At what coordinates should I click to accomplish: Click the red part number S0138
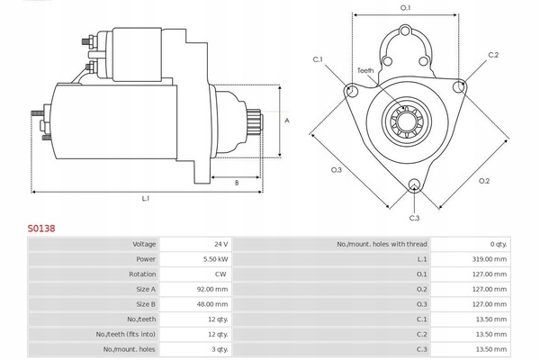(x=41, y=229)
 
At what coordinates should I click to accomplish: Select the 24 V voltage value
(x=220, y=244)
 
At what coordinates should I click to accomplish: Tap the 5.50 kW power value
(x=216, y=259)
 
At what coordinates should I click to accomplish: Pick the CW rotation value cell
(x=220, y=274)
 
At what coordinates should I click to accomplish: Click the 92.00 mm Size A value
(x=212, y=290)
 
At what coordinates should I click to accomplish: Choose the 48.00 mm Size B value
(x=212, y=304)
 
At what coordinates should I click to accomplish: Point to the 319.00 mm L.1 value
(x=490, y=259)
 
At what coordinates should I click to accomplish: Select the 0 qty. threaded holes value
(x=499, y=244)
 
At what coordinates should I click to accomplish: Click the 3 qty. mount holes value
(x=220, y=349)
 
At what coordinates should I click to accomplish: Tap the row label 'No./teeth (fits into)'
(x=126, y=334)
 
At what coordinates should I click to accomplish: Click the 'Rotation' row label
(x=142, y=274)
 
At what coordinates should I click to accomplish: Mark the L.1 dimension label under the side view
(x=146, y=198)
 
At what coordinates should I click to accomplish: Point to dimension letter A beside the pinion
(x=287, y=121)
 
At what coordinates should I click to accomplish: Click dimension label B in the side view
(x=237, y=183)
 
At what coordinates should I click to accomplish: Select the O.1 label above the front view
(x=405, y=8)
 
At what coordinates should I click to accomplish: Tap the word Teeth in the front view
(x=365, y=70)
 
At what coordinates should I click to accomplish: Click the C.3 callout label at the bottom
(x=414, y=218)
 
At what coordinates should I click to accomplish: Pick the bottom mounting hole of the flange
(x=414, y=185)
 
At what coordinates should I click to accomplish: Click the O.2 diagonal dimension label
(x=484, y=181)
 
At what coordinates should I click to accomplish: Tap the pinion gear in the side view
(x=256, y=119)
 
